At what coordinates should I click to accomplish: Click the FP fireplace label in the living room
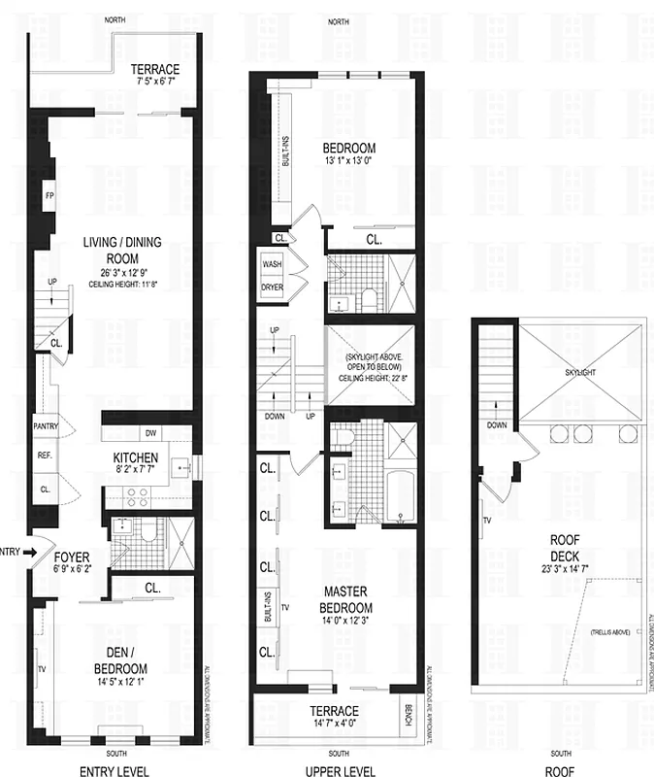click(x=49, y=195)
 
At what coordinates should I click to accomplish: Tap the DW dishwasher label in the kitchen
click(x=149, y=433)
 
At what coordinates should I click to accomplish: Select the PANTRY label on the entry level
click(x=46, y=426)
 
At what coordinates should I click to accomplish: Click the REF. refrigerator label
click(x=45, y=455)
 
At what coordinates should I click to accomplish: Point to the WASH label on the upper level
click(x=272, y=263)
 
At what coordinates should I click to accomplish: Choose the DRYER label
click(x=272, y=287)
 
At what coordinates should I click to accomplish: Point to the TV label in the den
click(x=41, y=669)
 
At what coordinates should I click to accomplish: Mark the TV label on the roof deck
click(x=486, y=521)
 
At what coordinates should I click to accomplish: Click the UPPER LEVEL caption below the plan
click(x=339, y=771)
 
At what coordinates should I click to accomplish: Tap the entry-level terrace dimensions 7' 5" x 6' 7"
click(x=155, y=84)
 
